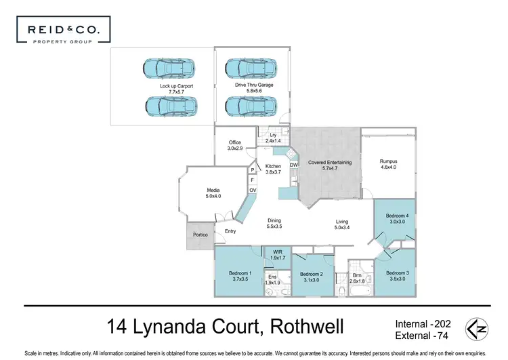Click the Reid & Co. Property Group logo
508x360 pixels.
(x=64, y=30)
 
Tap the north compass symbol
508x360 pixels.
(x=477, y=329)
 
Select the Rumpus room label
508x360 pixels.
(x=388, y=161)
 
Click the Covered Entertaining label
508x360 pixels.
(x=329, y=162)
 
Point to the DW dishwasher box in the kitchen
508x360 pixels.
(x=293, y=165)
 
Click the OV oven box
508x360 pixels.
(x=253, y=190)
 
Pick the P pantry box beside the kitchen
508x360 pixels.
(x=253, y=170)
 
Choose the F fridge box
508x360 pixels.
(x=253, y=180)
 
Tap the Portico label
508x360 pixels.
(x=200, y=235)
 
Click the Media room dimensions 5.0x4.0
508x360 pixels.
(x=213, y=196)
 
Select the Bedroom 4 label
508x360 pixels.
(x=397, y=216)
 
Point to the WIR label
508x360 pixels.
(x=278, y=252)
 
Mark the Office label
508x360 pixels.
(x=235, y=142)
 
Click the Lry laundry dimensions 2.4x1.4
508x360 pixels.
(x=273, y=141)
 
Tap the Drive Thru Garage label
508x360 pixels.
(x=254, y=85)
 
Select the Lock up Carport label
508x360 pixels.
(x=176, y=86)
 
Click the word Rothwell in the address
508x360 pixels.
(x=307, y=327)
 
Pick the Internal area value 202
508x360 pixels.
(x=442, y=324)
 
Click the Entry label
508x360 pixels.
(x=230, y=231)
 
